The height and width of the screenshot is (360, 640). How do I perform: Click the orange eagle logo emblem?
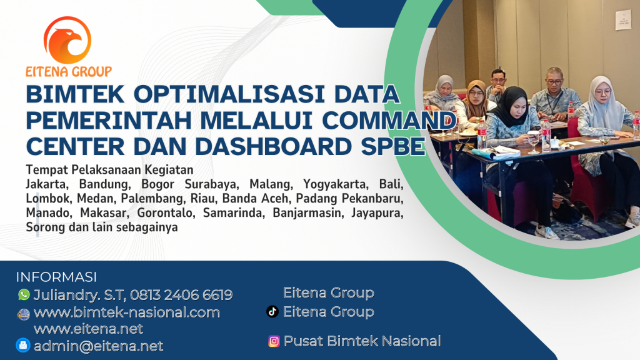click(67, 40)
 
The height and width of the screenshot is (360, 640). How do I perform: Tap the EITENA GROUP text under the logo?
click(69, 72)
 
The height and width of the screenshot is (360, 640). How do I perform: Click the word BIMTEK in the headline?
click(75, 94)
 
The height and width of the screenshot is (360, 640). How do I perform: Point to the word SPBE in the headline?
click(393, 146)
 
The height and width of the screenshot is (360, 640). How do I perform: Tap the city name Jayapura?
click(377, 213)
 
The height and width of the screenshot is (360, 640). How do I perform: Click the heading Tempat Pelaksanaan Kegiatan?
click(109, 170)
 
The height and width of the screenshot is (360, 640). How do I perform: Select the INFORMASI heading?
click(56, 277)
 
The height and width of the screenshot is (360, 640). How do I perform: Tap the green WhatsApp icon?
click(24, 294)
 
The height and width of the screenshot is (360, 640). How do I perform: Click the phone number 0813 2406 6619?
click(181, 295)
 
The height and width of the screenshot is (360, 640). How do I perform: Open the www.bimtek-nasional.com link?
click(127, 312)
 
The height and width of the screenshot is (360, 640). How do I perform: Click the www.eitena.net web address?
click(88, 329)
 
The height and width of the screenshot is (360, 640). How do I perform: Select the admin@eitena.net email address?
click(98, 346)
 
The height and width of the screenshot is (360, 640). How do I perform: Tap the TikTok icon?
click(272, 311)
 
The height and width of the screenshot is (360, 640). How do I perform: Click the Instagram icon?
click(274, 341)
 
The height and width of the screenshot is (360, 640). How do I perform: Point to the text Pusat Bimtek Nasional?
click(362, 341)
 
